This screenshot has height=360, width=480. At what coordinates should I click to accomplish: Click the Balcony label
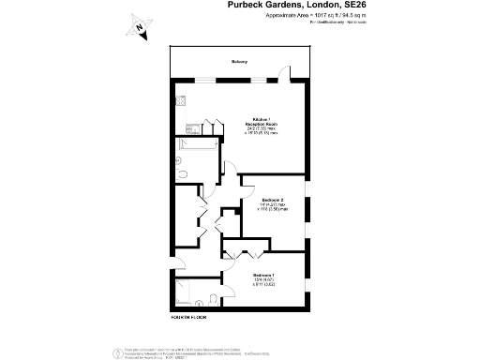(x=239, y=63)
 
